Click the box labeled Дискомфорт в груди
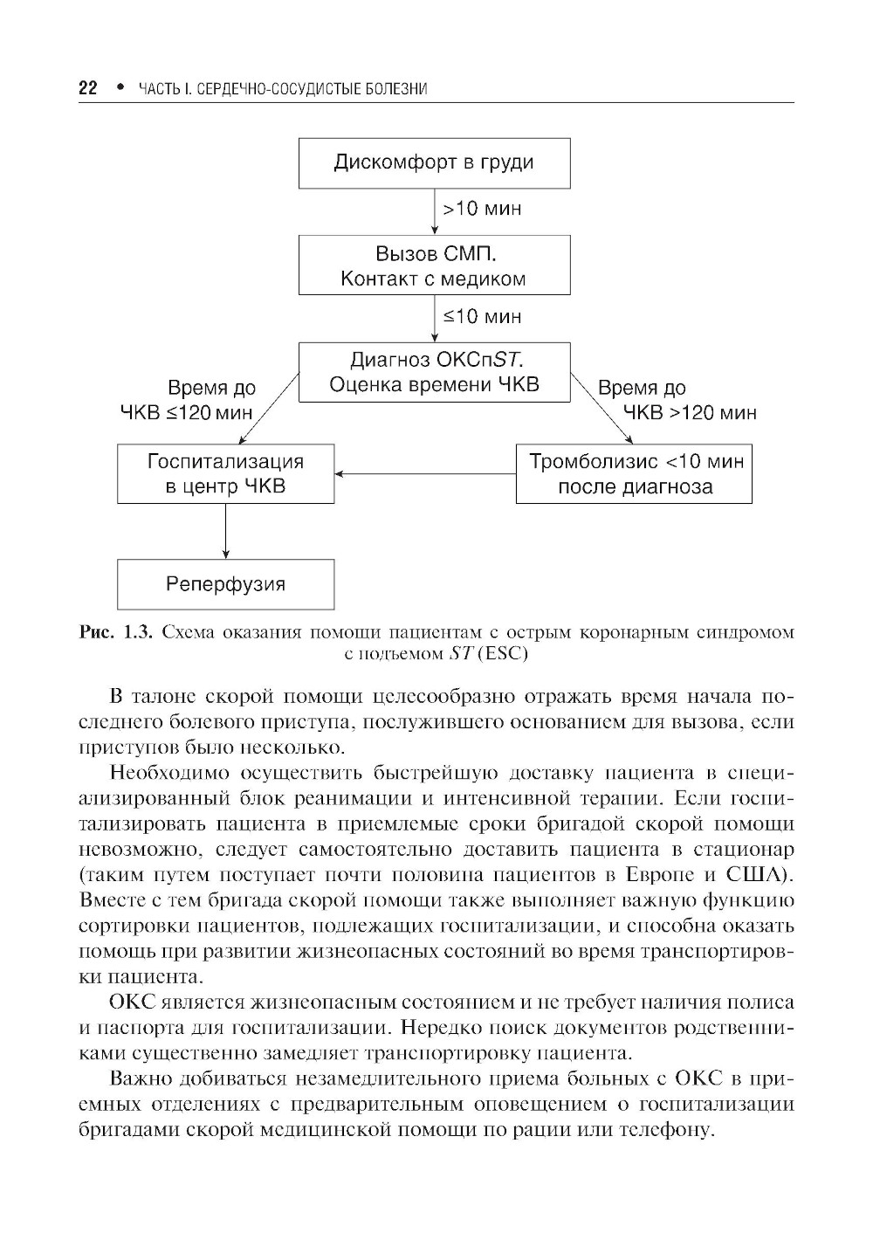434,162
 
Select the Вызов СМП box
434,265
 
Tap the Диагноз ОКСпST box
434,372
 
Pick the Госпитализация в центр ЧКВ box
225,473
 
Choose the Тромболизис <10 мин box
634,473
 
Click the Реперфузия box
225,584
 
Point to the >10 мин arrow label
482,209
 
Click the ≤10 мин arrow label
482,316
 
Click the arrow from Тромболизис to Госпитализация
425,474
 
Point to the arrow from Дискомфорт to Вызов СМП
435,210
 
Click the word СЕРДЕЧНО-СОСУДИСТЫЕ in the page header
263,90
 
